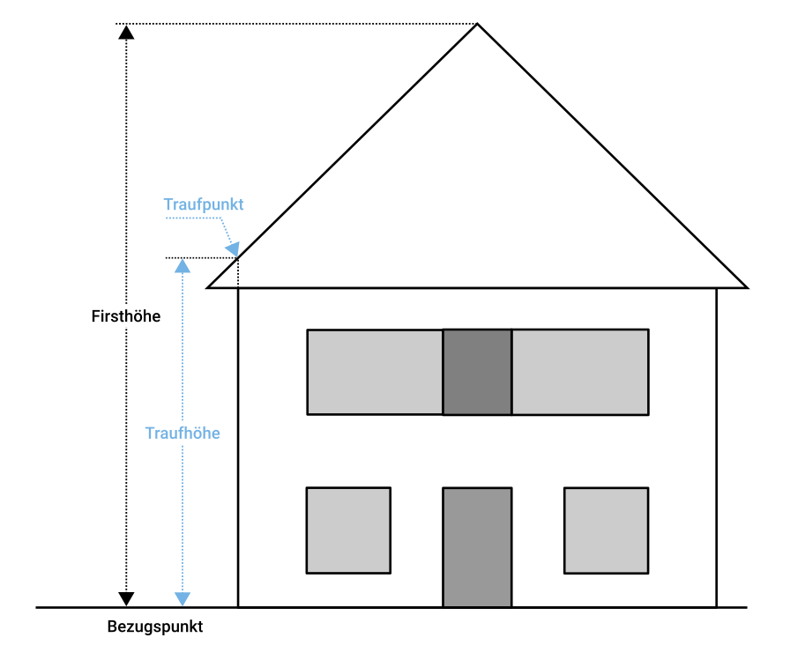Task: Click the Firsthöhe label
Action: pyautogui.click(x=126, y=315)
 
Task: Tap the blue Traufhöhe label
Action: pyautogui.click(x=183, y=433)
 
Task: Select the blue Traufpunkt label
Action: pyautogui.click(x=204, y=204)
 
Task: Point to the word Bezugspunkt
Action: pyautogui.click(x=155, y=627)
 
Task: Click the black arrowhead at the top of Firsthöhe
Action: pyautogui.click(x=127, y=33)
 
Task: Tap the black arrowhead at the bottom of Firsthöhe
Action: pyautogui.click(x=127, y=599)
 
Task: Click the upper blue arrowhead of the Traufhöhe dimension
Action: pyautogui.click(x=183, y=265)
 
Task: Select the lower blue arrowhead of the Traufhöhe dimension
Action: pyautogui.click(x=183, y=599)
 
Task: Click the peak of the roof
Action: pyautogui.click(x=478, y=25)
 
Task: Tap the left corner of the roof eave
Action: pyautogui.click(x=209, y=287)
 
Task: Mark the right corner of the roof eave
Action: pyautogui.click(x=746, y=287)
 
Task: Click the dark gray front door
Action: pyautogui.click(x=477, y=546)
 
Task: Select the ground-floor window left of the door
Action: pyautogui.click(x=348, y=530)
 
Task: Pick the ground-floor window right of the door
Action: pyautogui.click(x=607, y=530)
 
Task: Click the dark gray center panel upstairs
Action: pyautogui.click(x=477, y=372)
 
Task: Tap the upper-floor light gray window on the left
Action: pyautogui.click(x=375, y=372)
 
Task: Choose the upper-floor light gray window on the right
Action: pyautogui.click(x=580, y=372)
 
